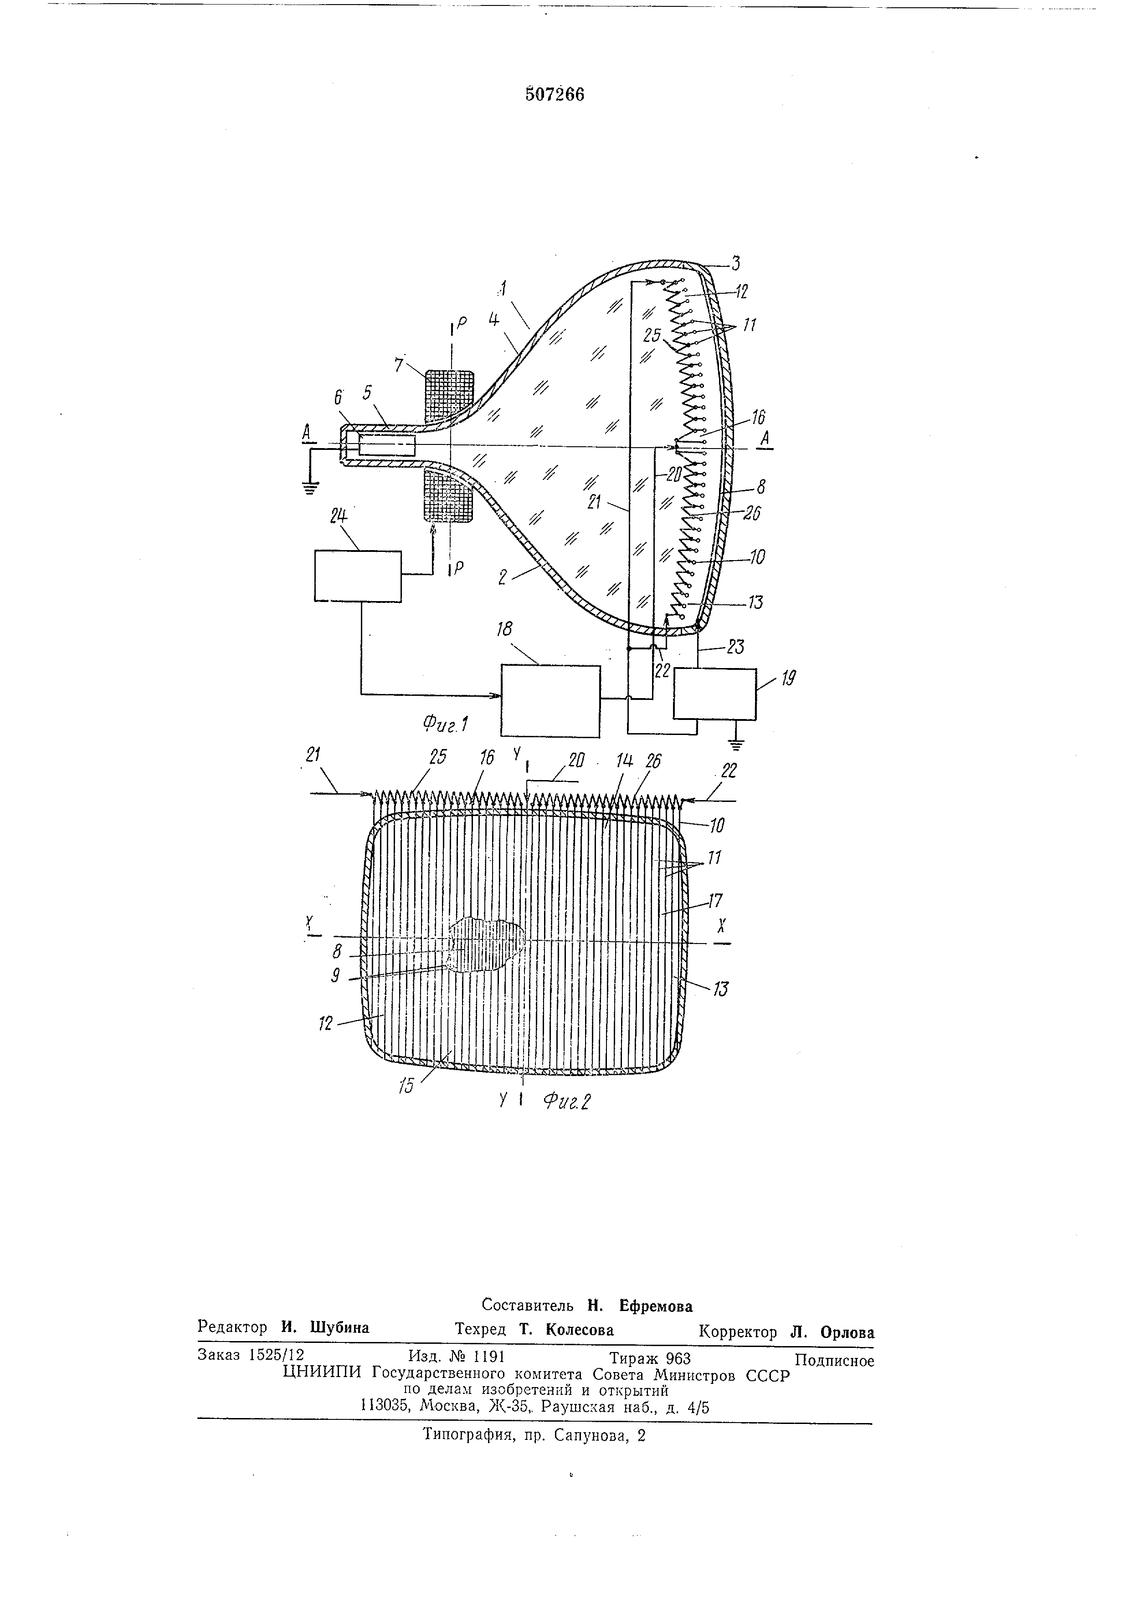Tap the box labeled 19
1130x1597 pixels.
(x=714, y=694)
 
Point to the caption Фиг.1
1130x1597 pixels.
(x=445, y=725)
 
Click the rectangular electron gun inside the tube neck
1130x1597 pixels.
(x=386, y=446)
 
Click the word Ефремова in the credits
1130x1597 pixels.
(x=656, y=1306)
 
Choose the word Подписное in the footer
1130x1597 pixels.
(x=833, y=1361)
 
